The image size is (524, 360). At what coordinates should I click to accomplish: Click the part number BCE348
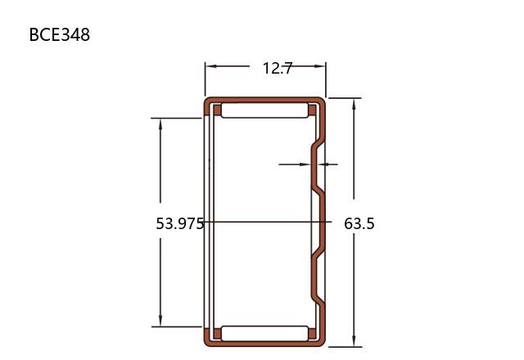coord(60,34)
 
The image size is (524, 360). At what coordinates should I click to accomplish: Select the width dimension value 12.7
coord(278,69)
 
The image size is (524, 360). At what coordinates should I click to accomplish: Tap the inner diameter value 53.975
coord(180,223)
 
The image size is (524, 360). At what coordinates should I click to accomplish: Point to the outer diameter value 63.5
coord(359,223)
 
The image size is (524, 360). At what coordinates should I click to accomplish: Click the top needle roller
coord(264,110)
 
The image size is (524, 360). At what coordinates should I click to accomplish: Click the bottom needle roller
coord(264,334)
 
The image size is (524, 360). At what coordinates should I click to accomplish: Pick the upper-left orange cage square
coord(217,110)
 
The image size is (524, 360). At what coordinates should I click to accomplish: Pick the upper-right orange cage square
coord(312,110)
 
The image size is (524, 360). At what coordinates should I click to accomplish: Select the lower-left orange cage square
coord(217,334)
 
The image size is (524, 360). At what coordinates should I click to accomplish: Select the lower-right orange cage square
coord(312,334)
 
